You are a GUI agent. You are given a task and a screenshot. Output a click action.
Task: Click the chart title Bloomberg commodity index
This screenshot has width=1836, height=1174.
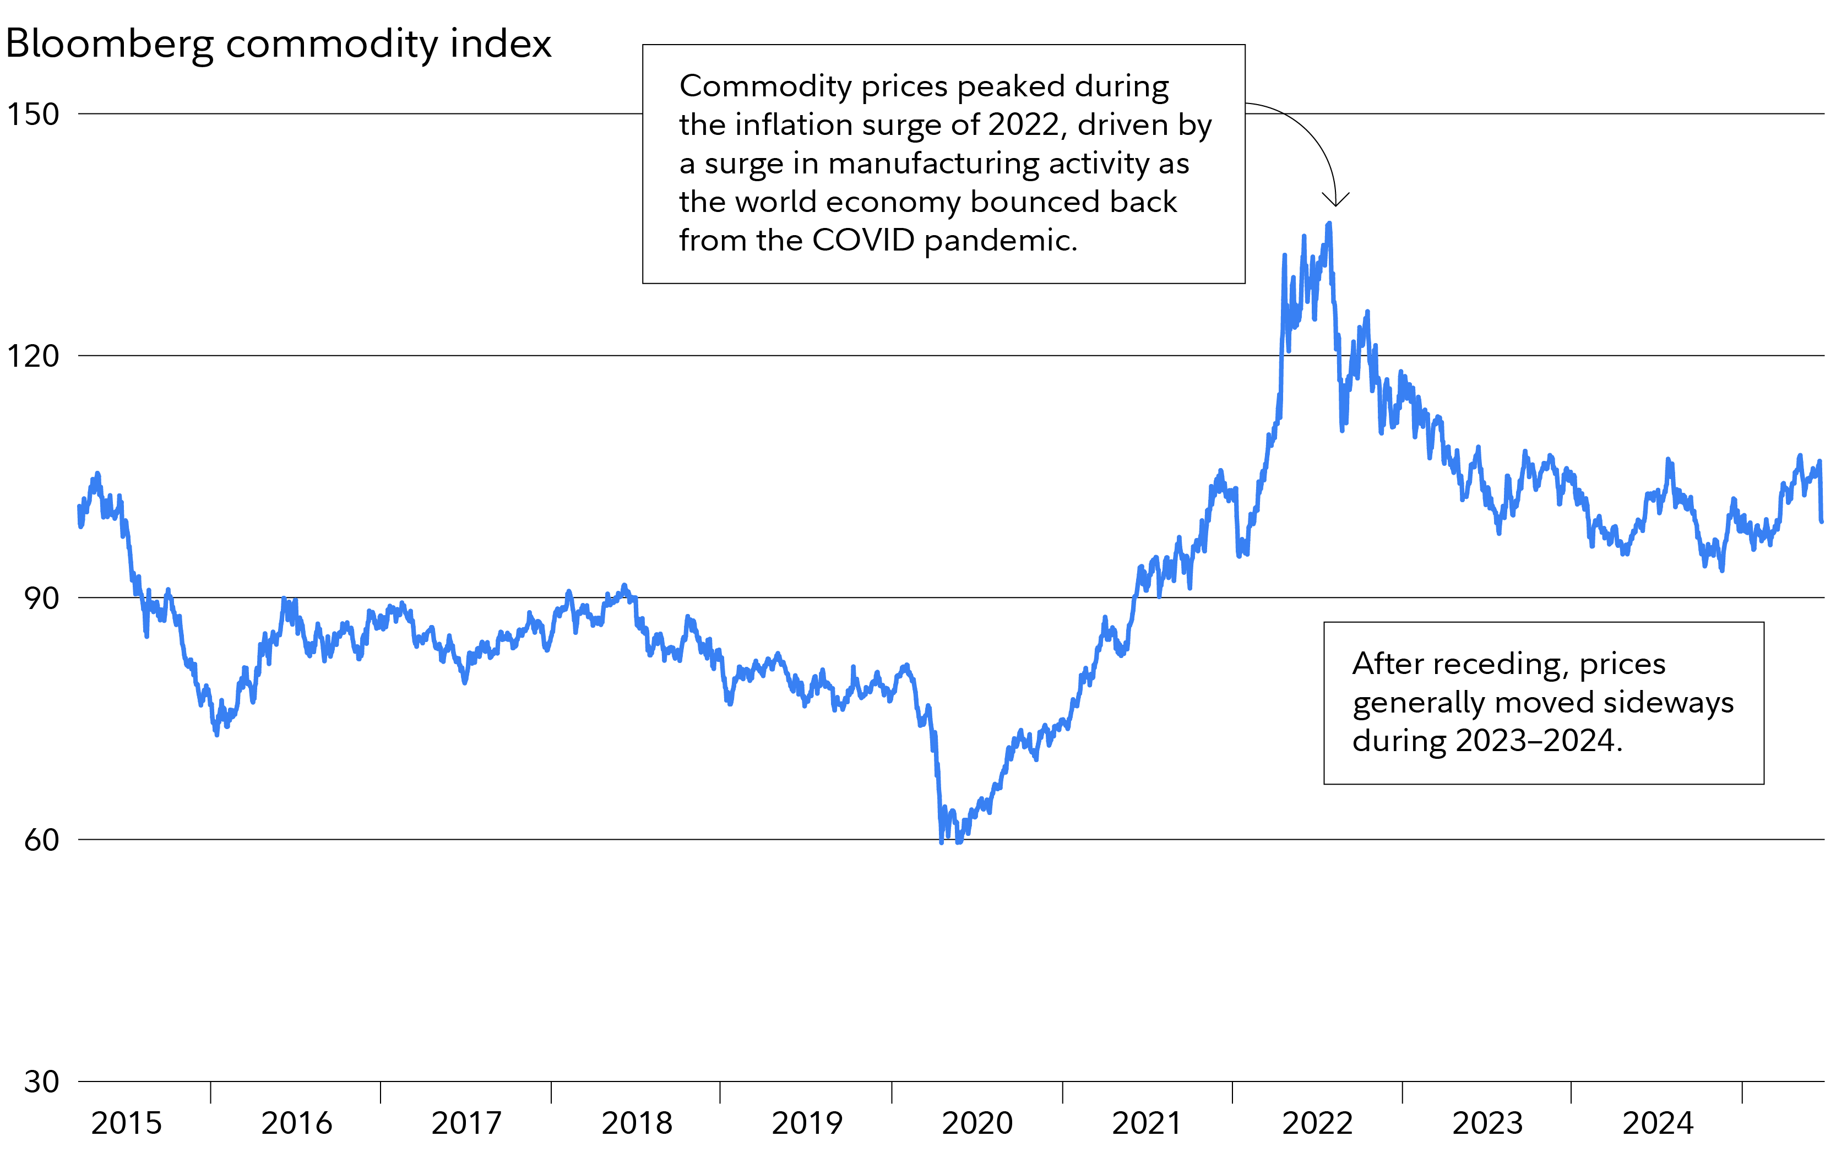coord(278,44)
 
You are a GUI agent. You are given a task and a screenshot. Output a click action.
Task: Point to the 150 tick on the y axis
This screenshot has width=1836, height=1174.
coord(33,115)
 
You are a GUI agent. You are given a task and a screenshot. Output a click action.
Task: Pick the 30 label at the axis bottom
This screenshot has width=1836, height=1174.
coord(41,1081)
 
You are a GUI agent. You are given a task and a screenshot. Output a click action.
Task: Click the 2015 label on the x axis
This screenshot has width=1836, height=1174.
coord(127,1123)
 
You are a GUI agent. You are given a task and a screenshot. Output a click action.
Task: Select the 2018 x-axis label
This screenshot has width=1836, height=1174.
coord(637,1123)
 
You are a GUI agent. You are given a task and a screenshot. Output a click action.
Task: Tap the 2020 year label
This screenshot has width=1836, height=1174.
coord(977,1123)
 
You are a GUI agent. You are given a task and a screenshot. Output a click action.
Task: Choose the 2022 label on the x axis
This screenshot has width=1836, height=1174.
coord(1317,1123)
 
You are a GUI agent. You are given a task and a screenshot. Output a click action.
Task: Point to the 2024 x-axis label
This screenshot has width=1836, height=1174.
coord(1658,1123)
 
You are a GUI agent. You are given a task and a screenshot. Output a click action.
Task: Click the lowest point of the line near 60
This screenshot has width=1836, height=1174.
coord(942,841)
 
